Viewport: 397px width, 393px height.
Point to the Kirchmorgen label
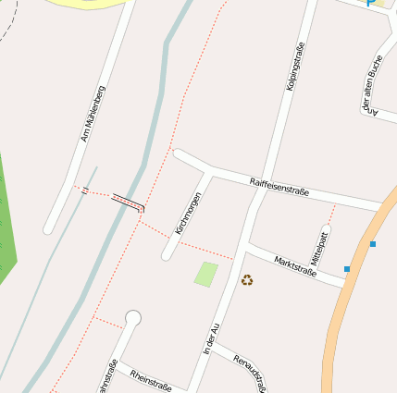188,213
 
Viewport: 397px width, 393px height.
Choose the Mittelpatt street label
320,248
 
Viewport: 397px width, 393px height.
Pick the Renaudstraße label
252,370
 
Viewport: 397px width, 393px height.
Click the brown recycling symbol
247,279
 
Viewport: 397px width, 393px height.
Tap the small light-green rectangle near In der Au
206,274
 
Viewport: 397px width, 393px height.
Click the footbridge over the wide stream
128,202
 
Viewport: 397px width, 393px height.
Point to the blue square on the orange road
373,244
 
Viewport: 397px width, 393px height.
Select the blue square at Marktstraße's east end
347,269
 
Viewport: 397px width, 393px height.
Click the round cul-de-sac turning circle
133,319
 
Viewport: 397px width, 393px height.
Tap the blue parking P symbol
371,3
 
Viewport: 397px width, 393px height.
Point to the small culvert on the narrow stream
84,190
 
